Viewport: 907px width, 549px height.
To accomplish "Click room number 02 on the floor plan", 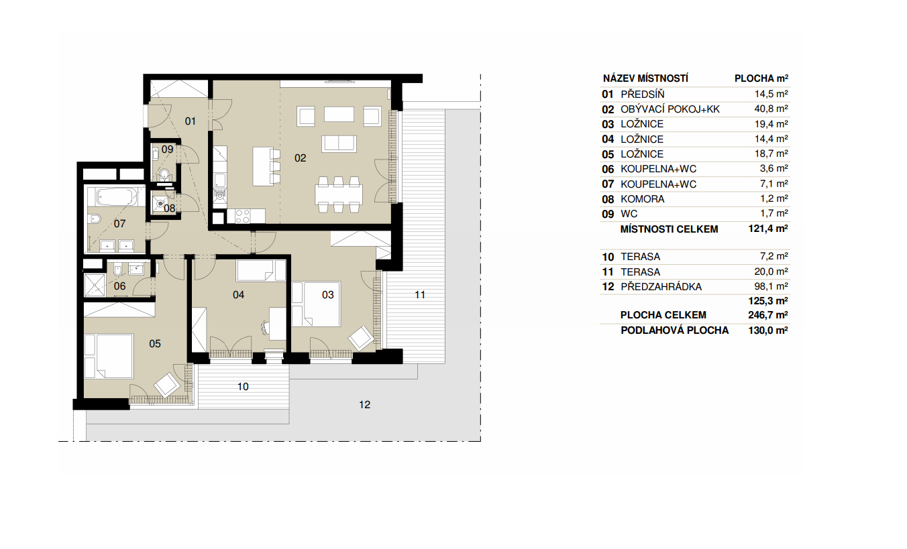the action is click(300, 158).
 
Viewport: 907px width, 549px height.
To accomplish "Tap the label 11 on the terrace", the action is click(420, 295).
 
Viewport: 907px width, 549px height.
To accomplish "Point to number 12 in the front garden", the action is click(364, 405).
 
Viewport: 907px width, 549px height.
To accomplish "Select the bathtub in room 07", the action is click(116, 197).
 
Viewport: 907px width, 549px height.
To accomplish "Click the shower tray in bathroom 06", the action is click(94, 285).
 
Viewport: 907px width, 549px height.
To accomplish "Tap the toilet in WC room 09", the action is click(164, 175).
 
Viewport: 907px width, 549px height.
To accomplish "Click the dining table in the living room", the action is click(339, 194).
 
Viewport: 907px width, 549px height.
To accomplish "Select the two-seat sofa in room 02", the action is click(339, 143).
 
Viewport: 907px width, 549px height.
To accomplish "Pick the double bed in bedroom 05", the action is click(109, 356).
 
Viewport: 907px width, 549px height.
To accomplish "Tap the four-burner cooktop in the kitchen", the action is click(243, 216).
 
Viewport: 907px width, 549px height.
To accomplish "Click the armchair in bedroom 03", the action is click(360, 339).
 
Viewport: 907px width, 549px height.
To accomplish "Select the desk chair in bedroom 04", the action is click(266, 328).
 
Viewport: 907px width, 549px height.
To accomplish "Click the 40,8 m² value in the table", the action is click(771, 109).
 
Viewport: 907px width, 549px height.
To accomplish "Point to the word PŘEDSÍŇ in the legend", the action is click(643, 95).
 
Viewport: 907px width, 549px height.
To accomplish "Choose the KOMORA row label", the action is click(642, 199).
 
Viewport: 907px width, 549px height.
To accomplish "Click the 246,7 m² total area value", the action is click(767, 315).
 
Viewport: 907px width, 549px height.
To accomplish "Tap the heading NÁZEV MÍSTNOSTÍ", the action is click(645, 78).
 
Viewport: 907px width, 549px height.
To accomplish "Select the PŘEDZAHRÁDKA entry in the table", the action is click(661, 286).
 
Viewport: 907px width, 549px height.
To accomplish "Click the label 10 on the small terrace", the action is click(243, 387).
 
